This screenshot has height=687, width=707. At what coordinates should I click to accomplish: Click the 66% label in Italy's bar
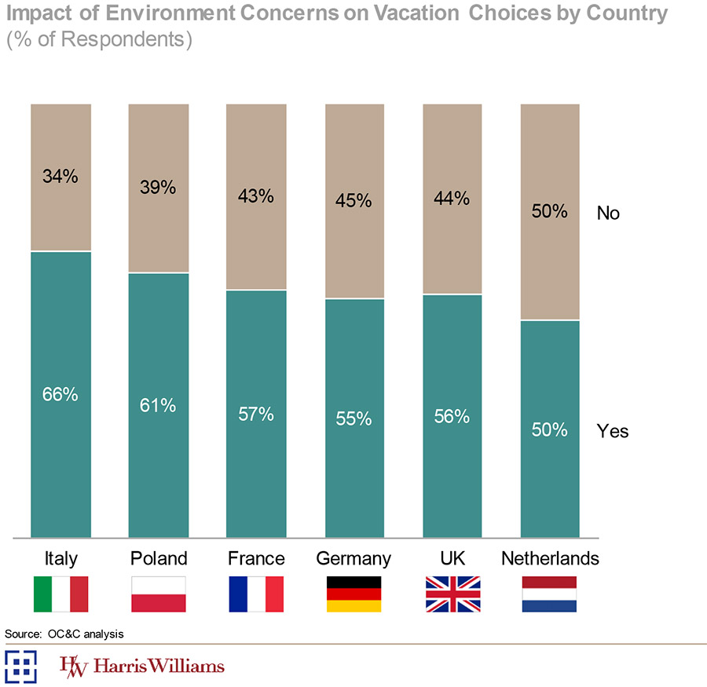pos(60,394)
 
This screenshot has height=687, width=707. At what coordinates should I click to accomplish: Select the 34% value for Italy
pos(60,177)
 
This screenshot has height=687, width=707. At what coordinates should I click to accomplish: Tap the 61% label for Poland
pos(158,405)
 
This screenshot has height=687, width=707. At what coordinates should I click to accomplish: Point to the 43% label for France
pos(255,196)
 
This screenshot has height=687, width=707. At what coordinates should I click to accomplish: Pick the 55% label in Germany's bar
pos(353,418)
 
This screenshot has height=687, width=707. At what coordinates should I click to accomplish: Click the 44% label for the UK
pos(452,199)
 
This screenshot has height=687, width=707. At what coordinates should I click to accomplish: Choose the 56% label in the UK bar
pos(452,416)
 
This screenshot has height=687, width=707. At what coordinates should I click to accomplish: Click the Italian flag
pos(60,594)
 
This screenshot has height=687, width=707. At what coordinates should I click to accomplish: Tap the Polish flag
pos(158,594)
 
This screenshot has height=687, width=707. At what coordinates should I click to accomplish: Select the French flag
pos(255,594)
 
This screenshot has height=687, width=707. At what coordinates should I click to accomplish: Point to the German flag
pos(353,594)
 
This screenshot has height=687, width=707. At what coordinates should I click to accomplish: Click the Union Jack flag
pos(452,594)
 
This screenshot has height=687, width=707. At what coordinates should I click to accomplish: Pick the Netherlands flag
pos(549,594)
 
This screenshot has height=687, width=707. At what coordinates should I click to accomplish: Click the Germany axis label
pos(353,559)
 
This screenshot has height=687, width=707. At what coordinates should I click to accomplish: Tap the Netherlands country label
pos(550,559)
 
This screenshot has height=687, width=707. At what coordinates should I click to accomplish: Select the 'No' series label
pos(608,213)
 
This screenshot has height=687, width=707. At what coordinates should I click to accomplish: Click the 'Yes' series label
pos(613,431)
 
